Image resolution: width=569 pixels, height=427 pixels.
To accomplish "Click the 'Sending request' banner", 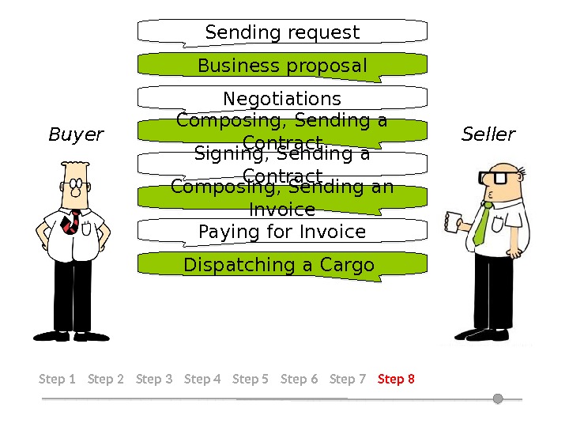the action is (282, 32).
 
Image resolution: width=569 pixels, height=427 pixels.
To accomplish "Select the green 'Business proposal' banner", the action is (282, 66).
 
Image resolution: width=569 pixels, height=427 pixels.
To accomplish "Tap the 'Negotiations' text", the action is (282, 99).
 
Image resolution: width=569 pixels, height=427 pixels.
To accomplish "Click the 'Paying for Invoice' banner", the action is (282, 232).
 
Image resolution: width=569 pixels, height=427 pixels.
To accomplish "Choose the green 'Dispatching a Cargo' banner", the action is (279, 266).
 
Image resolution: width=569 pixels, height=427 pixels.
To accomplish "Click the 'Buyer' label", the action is (76, 134).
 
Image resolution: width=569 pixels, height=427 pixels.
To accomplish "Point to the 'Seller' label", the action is (488, 134).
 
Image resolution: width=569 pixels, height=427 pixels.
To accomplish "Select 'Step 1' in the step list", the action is (57, 379).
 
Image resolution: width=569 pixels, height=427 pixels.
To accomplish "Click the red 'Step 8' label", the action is (396, 379).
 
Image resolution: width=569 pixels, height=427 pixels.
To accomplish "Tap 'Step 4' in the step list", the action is (202, 379).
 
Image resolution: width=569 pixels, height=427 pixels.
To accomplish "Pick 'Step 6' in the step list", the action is (299, 379).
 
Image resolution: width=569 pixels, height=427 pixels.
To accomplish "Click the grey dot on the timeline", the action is (498, 399).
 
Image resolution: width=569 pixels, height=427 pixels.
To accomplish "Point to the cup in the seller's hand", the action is (453, 221).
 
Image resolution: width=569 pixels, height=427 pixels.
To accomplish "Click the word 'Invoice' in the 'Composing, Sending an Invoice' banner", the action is (282, 210).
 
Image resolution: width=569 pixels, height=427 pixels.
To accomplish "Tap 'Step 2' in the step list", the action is (106, 379).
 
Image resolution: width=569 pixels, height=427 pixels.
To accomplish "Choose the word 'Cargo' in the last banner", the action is (347, 266).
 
